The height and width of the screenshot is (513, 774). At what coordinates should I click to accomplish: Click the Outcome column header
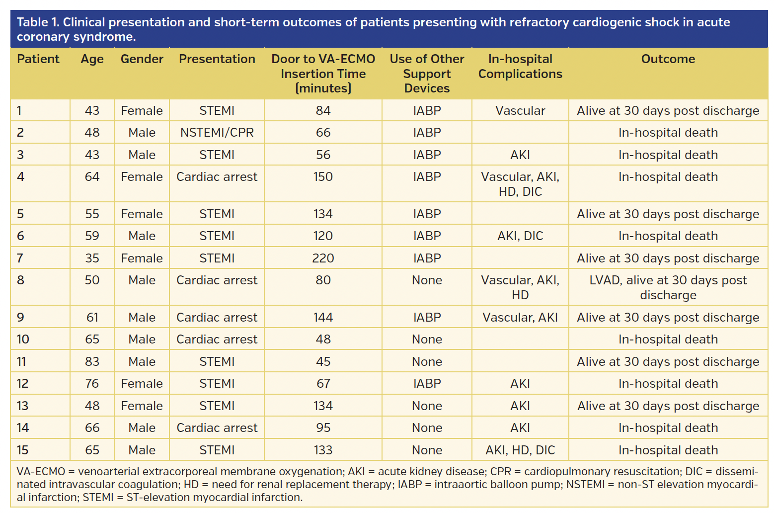(x=668, y=59)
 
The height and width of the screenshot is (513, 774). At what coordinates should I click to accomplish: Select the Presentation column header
(x=217, y=59)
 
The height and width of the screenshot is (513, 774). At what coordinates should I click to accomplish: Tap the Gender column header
(x=142, y=59)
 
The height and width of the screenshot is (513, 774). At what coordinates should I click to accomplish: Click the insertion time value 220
(x=323, y=258)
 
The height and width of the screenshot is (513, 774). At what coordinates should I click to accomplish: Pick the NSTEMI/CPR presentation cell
(x=217, y=133)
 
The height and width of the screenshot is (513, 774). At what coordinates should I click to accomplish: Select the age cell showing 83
(x=92, y=361)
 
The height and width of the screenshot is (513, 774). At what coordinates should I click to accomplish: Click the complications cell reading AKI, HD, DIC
(x=520, y=450)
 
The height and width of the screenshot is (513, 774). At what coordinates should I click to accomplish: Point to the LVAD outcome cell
(x=668, y=287)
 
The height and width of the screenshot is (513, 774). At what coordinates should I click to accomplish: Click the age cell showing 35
(x=92, y=258)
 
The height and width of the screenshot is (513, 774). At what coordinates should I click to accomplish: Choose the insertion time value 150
(x=323, y=177)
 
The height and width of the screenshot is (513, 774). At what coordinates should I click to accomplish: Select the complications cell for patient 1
(x=520, y=110)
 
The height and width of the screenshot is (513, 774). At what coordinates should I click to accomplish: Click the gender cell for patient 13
(x=142, y=406)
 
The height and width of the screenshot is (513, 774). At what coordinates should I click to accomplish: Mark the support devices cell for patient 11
(x=427, y=361)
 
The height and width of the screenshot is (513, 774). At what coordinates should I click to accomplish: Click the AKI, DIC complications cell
(x=520, y=236)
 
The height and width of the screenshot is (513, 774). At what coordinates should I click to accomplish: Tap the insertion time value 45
(x=323, y=361)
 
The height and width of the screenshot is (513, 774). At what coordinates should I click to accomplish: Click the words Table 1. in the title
(x=38, y=22)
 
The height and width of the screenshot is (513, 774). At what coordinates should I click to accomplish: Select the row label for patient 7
(x=20, y=258)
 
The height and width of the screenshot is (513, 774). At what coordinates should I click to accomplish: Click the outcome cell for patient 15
(x=668, y=450)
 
